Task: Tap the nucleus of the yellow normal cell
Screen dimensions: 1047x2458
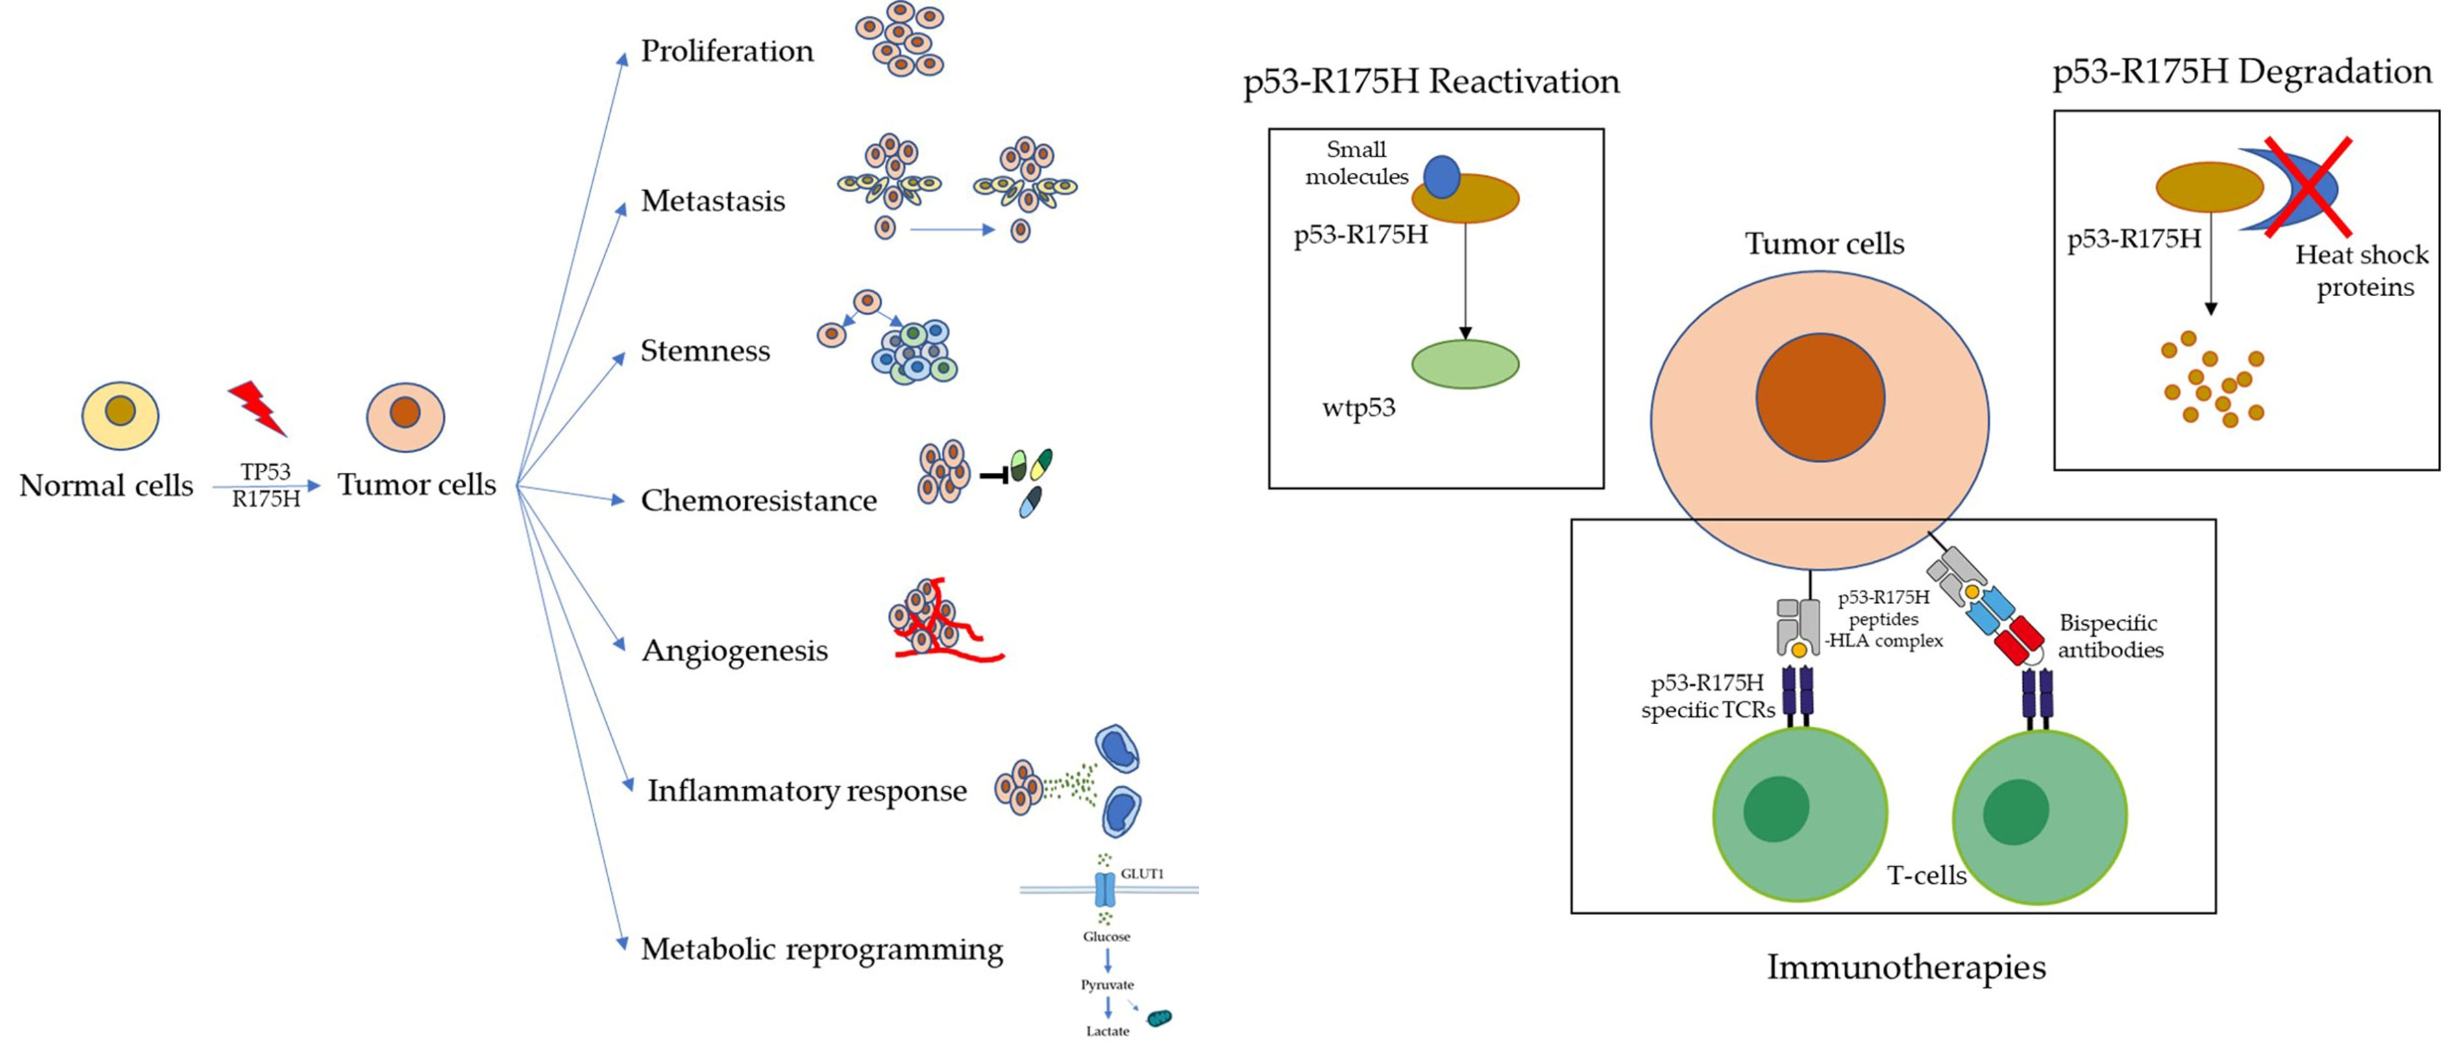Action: point(120,411)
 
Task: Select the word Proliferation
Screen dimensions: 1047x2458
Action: point(726,51)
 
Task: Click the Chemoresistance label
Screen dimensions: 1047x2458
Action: point(759,500)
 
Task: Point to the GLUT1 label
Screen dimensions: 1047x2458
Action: point(1142,874)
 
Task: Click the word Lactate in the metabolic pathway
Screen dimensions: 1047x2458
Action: point(1107,1031)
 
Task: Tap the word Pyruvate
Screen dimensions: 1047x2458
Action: point(1107,984)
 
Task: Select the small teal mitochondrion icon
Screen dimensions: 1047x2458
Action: point(1159,1018)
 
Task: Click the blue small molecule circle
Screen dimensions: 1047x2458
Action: point(1442,177)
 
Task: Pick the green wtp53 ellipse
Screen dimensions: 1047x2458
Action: point(1465,364)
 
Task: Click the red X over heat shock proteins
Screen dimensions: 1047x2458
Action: point(2307,186)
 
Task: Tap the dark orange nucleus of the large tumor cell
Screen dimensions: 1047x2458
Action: point(1819,397)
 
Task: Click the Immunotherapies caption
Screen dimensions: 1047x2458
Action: point(1906,967)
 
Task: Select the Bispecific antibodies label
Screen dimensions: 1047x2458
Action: point(2109,636)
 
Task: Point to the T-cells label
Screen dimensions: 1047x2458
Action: point(1926,875)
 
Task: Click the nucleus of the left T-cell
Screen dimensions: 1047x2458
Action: point(1776,809)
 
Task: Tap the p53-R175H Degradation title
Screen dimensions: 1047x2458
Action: point(2241,71)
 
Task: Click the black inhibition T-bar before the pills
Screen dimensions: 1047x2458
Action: point(995,474)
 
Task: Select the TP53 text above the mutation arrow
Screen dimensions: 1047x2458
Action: point(265,472)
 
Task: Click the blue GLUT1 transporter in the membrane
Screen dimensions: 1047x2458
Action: point(1104,889)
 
